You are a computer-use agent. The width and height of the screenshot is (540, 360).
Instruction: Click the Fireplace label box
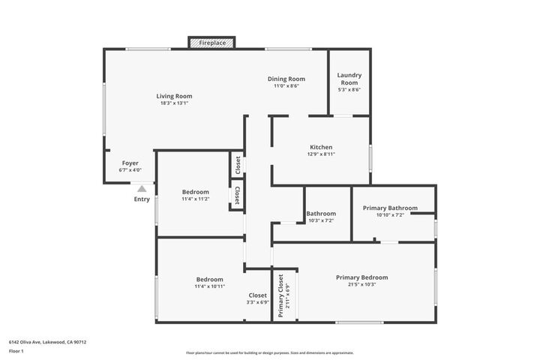[x=212, y=43]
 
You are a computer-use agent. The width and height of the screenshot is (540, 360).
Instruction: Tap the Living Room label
[x=174, y=96]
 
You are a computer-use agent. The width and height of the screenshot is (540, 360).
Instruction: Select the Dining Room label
[x=286, y=79]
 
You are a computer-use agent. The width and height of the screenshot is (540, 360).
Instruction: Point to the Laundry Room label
[x=349, y=78]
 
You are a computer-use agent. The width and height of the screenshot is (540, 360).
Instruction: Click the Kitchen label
[x=321, y=147]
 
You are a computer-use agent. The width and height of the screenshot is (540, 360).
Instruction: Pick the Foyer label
[x=130, y=163]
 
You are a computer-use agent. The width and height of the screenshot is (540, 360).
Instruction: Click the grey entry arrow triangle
[x=142, y=189]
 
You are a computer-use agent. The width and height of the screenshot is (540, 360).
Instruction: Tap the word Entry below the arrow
[x=142, y=199]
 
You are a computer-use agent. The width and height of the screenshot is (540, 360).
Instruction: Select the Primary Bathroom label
[x=390, y=208]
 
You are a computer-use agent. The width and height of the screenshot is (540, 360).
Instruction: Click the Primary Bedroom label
[x=361, y=277]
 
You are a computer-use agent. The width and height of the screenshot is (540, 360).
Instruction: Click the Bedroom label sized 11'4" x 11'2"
[x=196, y=192]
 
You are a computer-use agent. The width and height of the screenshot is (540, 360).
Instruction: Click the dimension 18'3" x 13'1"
[x=174, y=103]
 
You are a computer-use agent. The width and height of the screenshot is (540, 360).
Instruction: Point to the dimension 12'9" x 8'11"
[x=321, y=154]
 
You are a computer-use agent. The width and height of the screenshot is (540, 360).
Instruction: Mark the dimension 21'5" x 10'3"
[x=361, y=285]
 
